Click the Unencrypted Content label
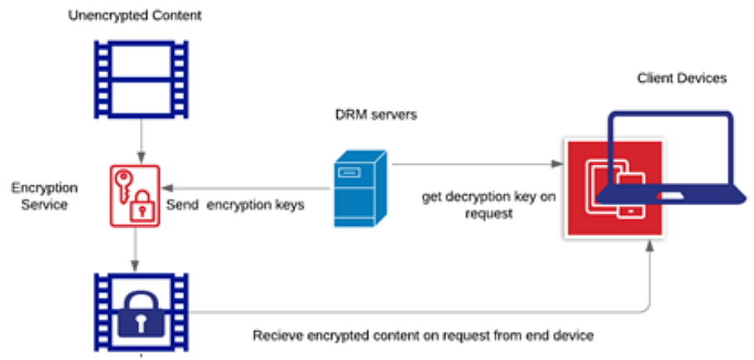[x=134, y=16]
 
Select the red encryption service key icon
[x=134, y=195]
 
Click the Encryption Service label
[x=39, y=196]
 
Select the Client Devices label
[x=681, y=78]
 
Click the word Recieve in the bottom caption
[x=276, y=337]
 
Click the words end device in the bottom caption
[x=565, y=337]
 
